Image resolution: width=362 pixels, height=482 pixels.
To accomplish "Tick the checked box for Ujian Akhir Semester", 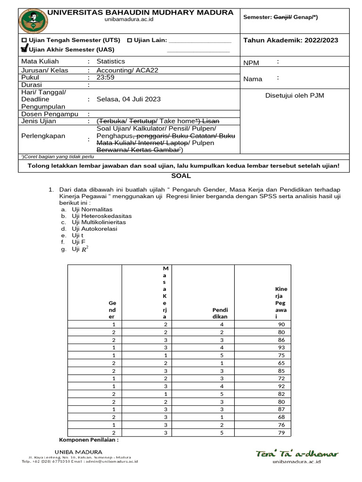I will point(24,48).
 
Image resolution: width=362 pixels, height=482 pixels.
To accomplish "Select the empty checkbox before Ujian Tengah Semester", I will point(24,40).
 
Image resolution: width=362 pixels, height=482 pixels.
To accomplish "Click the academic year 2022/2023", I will point(290,40).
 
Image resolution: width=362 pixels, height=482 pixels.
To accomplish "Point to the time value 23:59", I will point(106,77).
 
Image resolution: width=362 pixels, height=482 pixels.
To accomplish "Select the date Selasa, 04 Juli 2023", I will point(128,99).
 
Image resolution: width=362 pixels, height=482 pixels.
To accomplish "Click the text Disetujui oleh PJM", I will point(295,96).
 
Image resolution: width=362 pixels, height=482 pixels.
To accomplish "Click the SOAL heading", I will point(181,176).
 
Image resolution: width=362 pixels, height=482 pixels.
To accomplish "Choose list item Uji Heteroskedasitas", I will point(101,216).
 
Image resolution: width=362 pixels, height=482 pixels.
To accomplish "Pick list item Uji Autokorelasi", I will point(94,229).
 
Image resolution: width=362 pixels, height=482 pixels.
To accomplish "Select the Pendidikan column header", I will point(220,313).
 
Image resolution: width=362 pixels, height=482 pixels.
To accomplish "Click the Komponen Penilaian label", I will point(88,440).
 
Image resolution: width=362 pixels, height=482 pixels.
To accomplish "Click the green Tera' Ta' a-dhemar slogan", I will point(297,454).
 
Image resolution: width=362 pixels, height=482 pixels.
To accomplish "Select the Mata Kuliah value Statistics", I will point(111,61).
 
